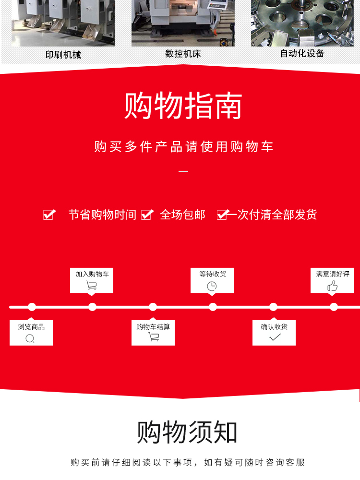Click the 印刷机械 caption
point(63,55)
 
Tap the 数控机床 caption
point(183,54)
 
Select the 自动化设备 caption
point(302,53)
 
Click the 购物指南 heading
point(183,106)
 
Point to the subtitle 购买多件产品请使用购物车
point(184,147)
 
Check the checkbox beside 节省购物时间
point(48,215)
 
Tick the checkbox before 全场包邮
point(146,215)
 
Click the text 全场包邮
point(182,215)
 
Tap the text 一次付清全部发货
point(272,215)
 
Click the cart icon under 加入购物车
point(91,286)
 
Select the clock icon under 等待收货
point(212,286)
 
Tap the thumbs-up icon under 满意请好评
point(332,286)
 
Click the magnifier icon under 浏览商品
point(30,338)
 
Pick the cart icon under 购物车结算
point(154,337)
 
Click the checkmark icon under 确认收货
point(275,337)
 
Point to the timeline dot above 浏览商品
point(32,307)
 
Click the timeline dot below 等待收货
point(213,307)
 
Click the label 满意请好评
point(332,274)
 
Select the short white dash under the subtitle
point(183,171)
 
